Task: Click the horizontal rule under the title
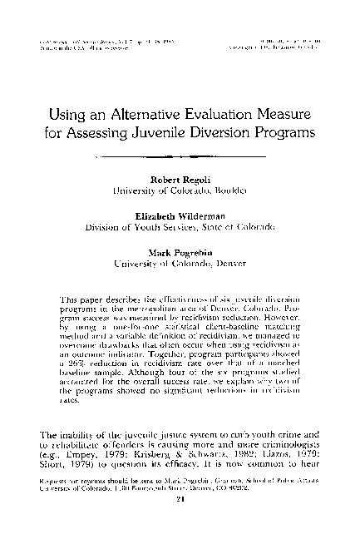pos(180,156)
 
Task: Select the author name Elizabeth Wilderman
pos(180,214)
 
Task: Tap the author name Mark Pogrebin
pos(180,249)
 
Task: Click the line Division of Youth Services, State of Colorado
pos(180,225)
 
